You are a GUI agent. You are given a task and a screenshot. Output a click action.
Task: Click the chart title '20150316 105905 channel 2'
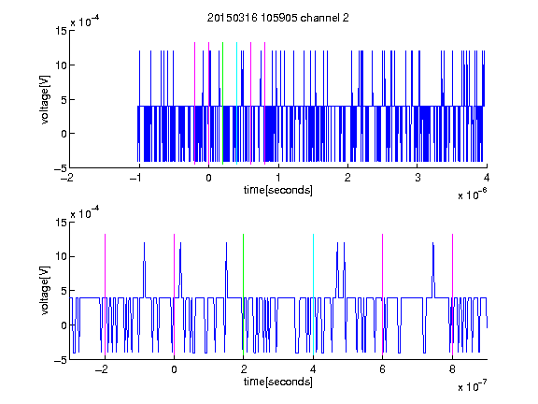pos(278,18)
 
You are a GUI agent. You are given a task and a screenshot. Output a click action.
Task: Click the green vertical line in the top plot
pos(222,103)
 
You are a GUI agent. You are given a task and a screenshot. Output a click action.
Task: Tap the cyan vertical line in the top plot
pos(236,103)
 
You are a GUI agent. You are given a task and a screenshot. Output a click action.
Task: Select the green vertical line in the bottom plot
pos(243,295)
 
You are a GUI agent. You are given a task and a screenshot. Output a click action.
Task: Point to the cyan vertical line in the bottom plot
pos(313,295)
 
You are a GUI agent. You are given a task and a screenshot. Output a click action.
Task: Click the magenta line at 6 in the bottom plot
pos(383,295)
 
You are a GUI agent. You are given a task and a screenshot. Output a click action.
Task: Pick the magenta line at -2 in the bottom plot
pos(105,295)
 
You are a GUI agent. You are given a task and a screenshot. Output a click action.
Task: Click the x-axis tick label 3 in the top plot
pos(418,178)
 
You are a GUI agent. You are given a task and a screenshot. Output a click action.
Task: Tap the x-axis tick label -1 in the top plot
pos(135,178)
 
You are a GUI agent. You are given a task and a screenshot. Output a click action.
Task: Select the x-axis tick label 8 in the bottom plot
pos(452,369)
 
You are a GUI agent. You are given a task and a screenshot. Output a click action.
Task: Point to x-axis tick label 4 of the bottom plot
pos(313,369)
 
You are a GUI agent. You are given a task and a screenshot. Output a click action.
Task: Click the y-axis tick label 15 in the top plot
pos(61,31)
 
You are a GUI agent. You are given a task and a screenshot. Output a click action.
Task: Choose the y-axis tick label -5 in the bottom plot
pos(61,360)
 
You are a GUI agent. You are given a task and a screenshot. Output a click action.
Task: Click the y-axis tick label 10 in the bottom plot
pos(61,256)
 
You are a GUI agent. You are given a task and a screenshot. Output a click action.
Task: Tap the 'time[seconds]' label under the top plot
pos(278,190)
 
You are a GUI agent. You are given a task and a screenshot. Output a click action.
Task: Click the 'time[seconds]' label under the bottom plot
pos(278,382)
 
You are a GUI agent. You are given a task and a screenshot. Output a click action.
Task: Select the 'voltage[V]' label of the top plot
pos(45,100)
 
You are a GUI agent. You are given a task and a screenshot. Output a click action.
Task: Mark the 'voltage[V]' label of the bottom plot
pos(45,291)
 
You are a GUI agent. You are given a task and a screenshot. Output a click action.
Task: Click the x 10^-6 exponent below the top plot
pos(473,195)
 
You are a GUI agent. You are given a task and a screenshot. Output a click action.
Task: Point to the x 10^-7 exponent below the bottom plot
pos(473,386)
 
